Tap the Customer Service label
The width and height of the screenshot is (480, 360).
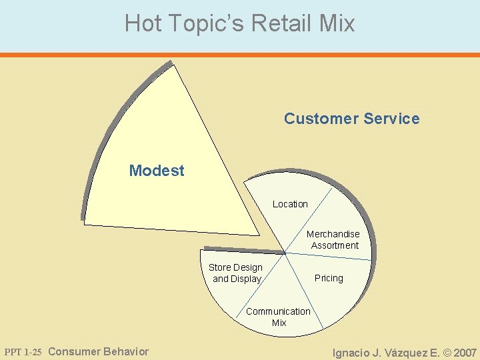point(351,119)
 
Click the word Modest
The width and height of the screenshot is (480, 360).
point(157,171)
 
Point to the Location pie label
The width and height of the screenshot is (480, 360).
point(290,204)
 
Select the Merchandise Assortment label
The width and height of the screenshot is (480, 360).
point(333,239)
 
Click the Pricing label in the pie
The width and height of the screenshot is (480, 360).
point(329,278)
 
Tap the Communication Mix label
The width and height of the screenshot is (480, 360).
point(278,317)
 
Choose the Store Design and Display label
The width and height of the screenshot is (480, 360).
point(236,273)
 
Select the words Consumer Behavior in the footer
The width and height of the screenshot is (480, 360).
point(99,351)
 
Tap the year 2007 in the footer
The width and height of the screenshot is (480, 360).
point(464,353)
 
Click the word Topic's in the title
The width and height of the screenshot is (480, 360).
point(206,24)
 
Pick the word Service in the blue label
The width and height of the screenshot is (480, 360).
point(392,119)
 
